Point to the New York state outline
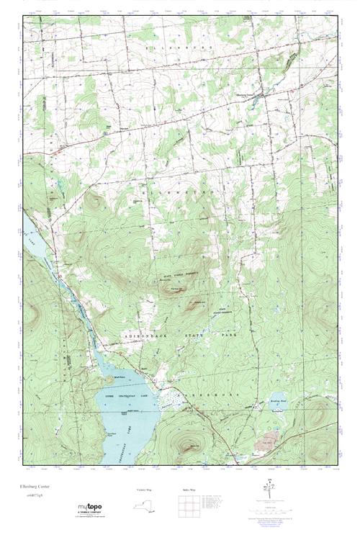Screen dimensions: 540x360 tap(147, 505)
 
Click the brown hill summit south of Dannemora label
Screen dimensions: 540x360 tap(189, 444)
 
